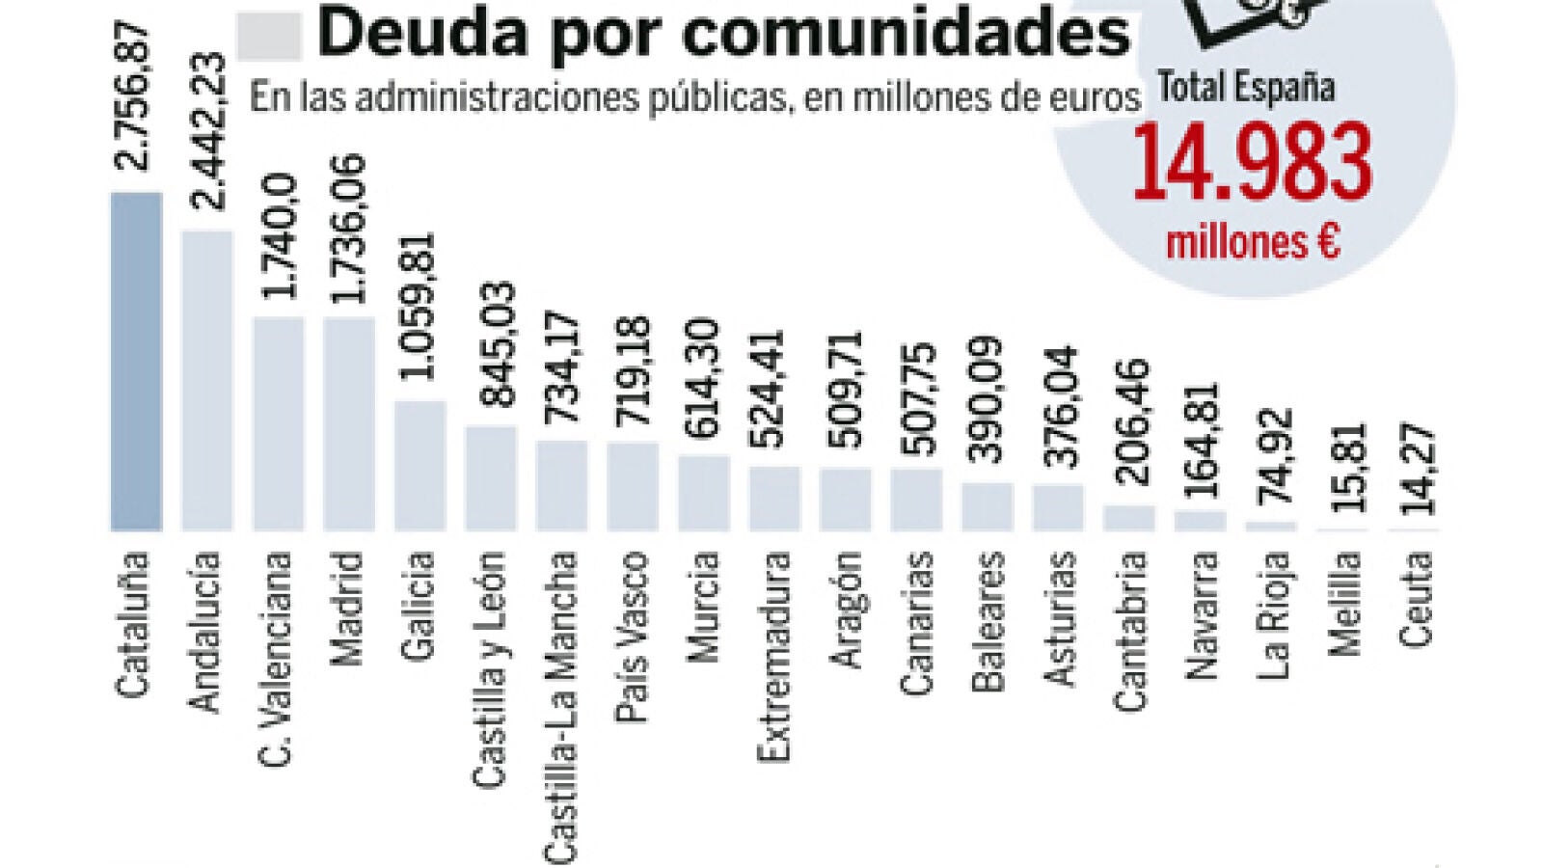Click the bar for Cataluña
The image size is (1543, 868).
(136, 362)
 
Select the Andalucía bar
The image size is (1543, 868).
(207, 381)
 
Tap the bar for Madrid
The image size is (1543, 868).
(348, 423)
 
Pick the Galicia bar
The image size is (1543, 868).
(420, 466)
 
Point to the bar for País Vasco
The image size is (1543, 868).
(633, 486)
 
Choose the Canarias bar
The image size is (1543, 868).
(916, 499)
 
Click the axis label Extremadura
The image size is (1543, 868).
(773, 656)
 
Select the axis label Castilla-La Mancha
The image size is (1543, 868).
(561, 706)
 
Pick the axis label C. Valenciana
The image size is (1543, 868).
(276, 659)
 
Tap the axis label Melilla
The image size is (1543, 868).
(1342, 604)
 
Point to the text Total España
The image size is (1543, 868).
(1246, 88)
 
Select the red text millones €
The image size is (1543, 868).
(1252, 241)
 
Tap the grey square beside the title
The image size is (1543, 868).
(268, 37)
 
